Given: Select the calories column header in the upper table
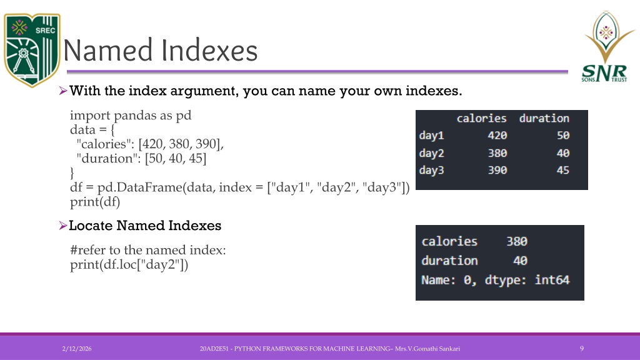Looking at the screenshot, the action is [x=481, y=118].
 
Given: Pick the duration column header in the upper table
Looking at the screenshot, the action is [x=544, y=118].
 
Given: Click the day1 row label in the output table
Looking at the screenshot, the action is [x=431, y=136].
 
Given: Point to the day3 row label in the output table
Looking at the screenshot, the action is [x=431, y=170].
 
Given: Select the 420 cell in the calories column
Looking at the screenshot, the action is [x=497, y=136].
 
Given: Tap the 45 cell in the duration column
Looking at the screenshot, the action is [x=563, y=170].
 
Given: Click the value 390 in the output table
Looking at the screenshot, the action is [x=497, y=170].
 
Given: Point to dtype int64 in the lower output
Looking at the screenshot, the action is [x=527, y=280].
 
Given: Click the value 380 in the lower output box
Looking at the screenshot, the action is [x=517, y=241].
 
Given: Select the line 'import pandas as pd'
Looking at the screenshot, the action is [x=131, y=116].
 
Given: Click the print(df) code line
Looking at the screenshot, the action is [x=95, y=202].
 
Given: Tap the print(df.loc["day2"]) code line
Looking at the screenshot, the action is [x=129, y=265].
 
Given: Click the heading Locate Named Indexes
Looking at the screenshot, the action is [x=145, y=225].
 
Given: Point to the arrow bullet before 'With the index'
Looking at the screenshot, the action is [x=63, y=91].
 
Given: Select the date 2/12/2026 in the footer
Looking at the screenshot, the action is [x=77, y=349].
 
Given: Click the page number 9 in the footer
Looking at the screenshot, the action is [x=582, y=349].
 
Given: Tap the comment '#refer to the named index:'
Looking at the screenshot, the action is [x=147, y=250].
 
